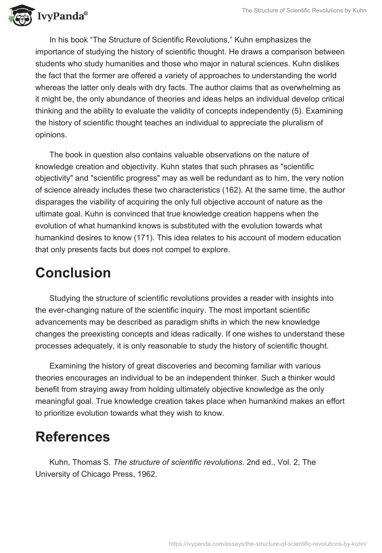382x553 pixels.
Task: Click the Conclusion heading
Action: click(x=73, y=273)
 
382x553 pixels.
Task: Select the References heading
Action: click(x=73, y=437)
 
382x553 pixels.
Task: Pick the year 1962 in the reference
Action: click(x=147, y=474)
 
